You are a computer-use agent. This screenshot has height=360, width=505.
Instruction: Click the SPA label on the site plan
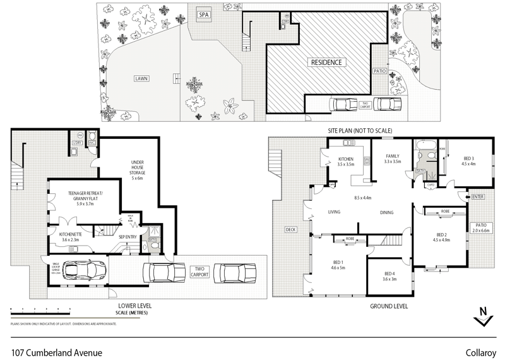click(x=204, y=15)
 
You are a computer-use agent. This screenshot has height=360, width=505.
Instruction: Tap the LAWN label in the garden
click(x=141, y=79)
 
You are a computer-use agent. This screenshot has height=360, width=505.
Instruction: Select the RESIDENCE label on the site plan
click(x=326, y=63)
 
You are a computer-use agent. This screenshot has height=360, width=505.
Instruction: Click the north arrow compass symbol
click(x=483, y=315)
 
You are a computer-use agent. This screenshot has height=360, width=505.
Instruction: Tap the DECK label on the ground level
click(x=290, y=229)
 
